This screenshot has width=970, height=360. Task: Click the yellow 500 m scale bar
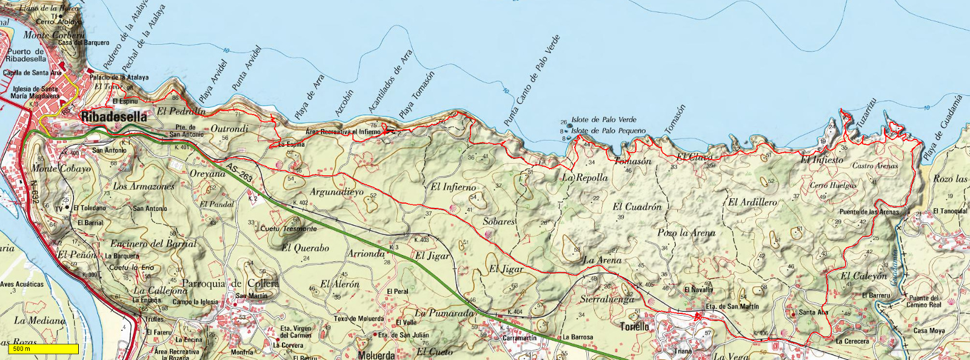point(43,349)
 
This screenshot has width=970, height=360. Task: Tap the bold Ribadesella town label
point(114,117)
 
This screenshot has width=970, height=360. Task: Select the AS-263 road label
point(238,172)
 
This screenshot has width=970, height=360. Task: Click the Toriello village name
point(634,327)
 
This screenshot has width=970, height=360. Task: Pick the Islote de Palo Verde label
point(604,120)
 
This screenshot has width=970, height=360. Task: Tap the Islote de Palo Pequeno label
point(608,131)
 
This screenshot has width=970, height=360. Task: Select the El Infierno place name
point(453,187)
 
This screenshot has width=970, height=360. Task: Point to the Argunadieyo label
point(337,192)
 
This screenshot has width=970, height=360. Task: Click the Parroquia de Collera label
point(230,284)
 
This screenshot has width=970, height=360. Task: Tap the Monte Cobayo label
point(61,168)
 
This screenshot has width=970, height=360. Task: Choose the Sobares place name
point(499,222)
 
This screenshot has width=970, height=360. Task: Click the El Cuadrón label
point(637,207)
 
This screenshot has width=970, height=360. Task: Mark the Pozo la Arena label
point(686,233)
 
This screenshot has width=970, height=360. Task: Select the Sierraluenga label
point(607,299)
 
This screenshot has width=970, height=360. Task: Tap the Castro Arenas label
point(875,165)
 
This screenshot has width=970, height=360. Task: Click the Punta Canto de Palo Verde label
point(532,81)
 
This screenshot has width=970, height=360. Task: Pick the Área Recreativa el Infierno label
point(343,132)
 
